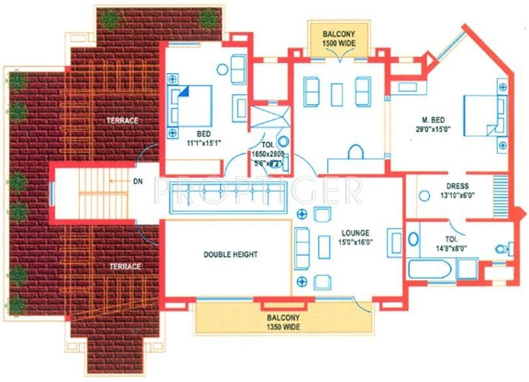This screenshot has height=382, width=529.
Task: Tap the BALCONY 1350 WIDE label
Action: [x=285, y=321]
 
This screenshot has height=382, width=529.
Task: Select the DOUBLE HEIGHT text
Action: [x=230, y=255]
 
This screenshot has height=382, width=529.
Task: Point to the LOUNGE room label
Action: [x=355, y=232]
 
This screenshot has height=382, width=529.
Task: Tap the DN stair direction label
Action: [x=137, y=180]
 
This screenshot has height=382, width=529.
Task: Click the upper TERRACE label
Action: [x=123, y=121]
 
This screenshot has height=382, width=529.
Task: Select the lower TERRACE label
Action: [x=124, y=266]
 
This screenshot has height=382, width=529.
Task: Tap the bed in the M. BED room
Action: [x=484, y=116]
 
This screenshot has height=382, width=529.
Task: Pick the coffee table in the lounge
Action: [x=325, y=247]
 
